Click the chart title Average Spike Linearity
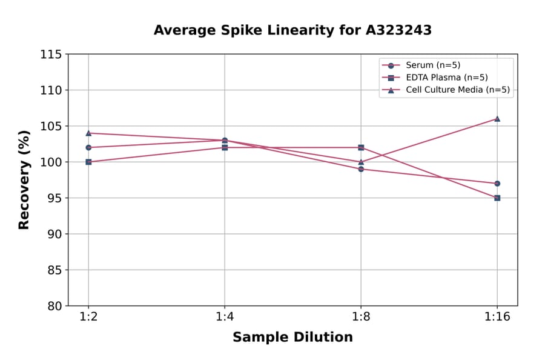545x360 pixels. [x=292, y=30]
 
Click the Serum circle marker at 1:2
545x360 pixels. [x=88, y=147]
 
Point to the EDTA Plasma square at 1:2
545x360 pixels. [x=88, y=162]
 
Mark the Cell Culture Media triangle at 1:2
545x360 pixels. [x=88, y=133]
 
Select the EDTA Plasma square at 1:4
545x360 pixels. [x=225, y=147]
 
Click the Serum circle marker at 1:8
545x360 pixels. [x=361, y=169]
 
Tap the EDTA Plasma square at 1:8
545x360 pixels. [x=361, y=147]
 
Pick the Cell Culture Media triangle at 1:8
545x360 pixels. [x=361, y=162]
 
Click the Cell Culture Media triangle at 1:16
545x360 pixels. [x=497, y=119]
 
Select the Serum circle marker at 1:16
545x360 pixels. [x=497, y=183]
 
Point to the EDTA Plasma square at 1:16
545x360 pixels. [x=497, y=198]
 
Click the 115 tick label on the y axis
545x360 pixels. [x=51, y=55]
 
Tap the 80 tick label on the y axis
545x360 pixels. [x=54, y=306]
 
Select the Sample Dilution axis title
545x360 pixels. [x=292, y=338]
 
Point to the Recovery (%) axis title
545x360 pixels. [x=24, y=180]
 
